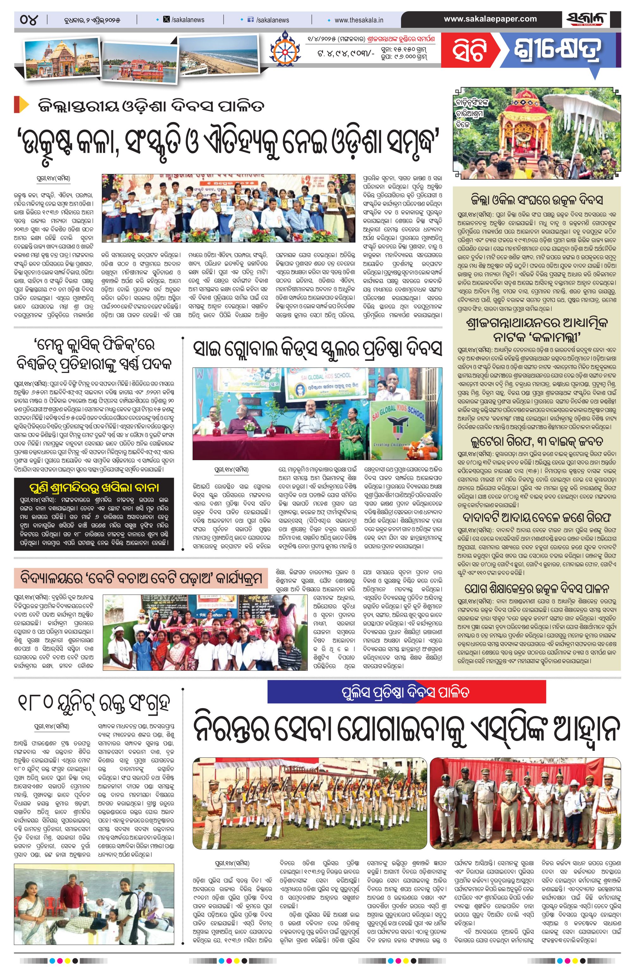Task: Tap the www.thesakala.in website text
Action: (x=359, y=20)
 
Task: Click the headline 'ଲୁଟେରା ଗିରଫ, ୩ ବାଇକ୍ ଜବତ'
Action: (x=537, y=441)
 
